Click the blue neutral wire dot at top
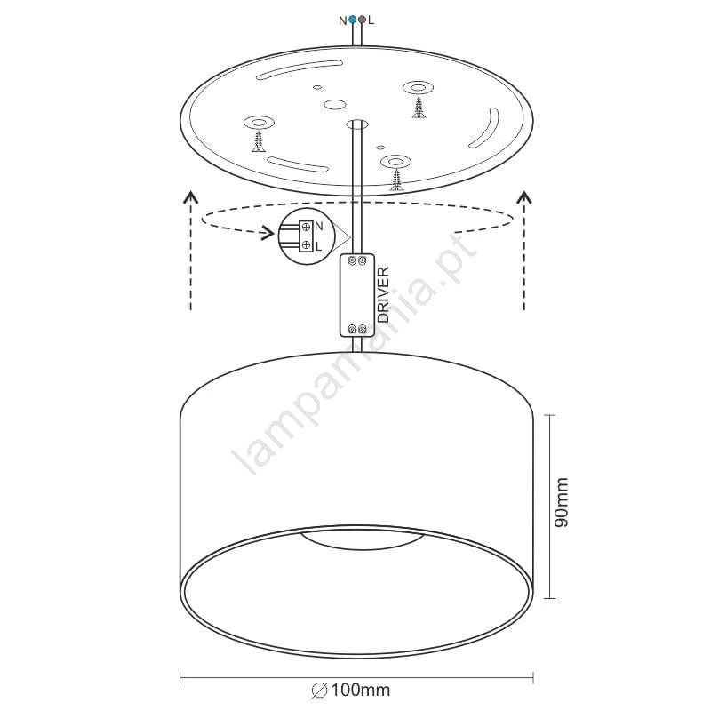pos(352,20)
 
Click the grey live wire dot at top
pos(362,20)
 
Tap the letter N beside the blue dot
pos(343,20)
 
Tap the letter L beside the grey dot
pos(371,20)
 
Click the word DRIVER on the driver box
pos(383,294)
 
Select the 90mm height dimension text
pos(562,502)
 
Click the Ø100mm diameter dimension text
pos(350,691)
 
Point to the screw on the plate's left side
pos(259,141)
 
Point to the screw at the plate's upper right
pos(419,107)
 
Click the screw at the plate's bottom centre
pos(397,180)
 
